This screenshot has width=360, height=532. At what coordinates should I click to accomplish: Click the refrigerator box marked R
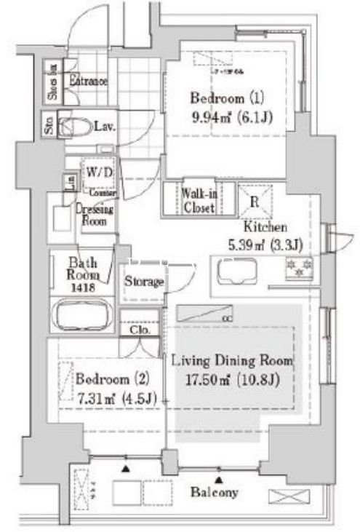coord(256,199)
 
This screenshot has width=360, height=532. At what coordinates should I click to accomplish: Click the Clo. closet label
coord(139,329)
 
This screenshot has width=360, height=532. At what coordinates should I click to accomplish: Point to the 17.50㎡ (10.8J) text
coord(231,379)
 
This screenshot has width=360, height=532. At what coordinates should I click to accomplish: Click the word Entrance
coord(88,81)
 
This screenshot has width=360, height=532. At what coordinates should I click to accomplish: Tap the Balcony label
coord(215,492)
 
